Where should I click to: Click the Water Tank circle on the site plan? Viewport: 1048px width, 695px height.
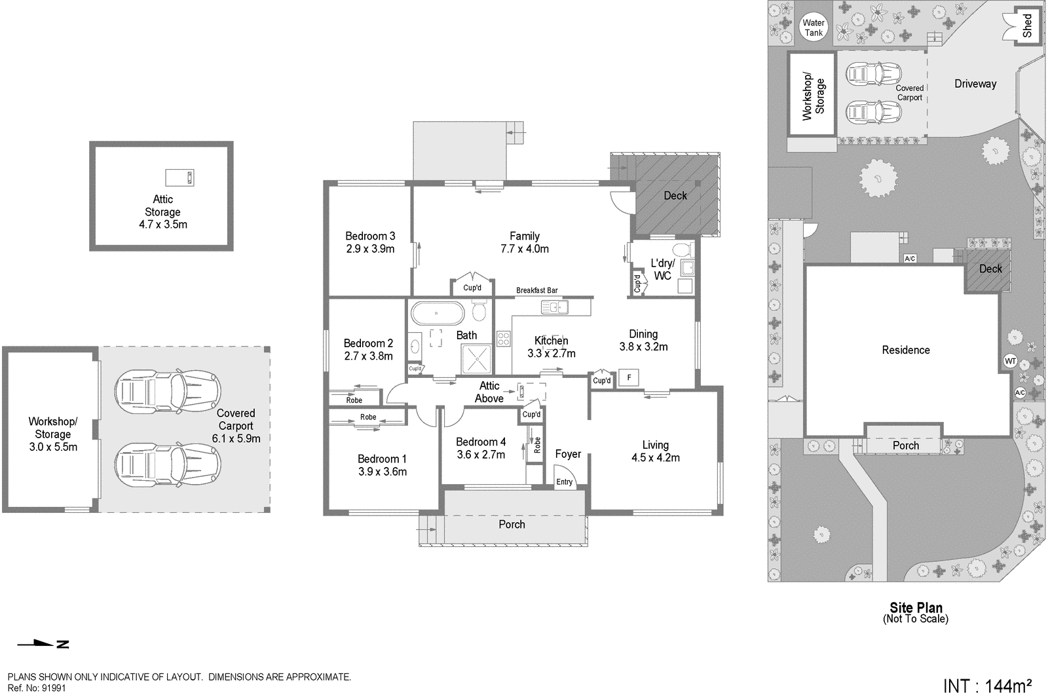point(814,28)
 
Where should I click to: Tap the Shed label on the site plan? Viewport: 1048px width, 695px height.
point(1027,26)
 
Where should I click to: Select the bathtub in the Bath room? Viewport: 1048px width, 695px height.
point(437,314)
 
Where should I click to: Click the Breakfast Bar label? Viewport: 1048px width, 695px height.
point(536,290)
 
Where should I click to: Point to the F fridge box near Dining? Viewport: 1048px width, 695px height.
point(629,378)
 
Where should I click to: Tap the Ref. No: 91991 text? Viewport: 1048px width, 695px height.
point(37,688)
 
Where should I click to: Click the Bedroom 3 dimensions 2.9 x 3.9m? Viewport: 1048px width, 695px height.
point(370,249)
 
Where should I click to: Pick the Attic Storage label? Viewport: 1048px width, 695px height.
point(162,206)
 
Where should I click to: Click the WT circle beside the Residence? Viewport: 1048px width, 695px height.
point(1009,361)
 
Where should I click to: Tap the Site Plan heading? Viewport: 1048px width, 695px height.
point(916,608)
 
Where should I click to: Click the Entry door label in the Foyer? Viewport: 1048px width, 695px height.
point(564,482)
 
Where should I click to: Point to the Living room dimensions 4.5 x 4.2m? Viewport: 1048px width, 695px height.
point(655,458)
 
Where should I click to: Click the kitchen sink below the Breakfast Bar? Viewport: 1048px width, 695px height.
point(553,307)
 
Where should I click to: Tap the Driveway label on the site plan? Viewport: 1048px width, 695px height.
point(975,84)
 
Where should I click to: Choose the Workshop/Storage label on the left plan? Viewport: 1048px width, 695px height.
point(52,428)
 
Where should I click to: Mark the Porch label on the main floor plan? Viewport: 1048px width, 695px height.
point(512,525)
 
